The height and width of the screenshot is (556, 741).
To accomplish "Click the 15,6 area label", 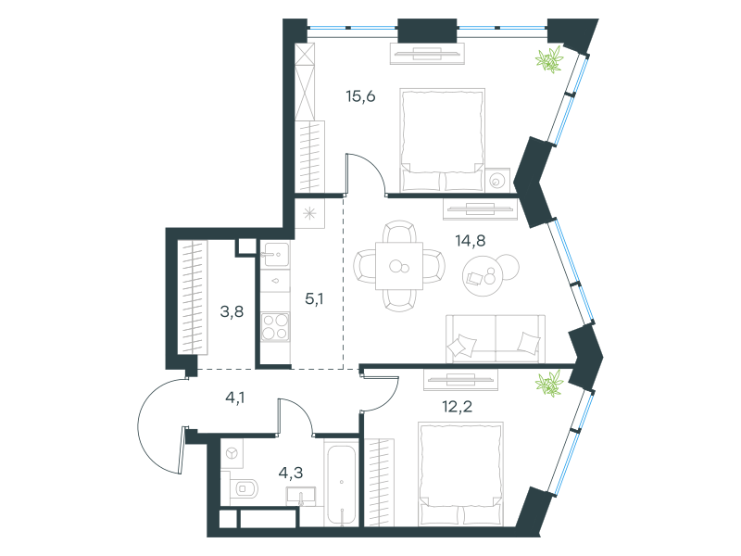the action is (360, 96).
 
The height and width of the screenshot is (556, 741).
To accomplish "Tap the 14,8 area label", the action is (471, 241).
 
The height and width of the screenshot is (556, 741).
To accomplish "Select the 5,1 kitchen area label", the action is (314, 298).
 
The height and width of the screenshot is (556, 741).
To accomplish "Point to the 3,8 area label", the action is (232, 311).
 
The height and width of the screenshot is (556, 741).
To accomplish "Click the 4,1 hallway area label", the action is (235, 398).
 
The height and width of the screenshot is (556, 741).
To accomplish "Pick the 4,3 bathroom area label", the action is (291, 473).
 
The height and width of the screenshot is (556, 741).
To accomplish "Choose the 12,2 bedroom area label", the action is (457, 406).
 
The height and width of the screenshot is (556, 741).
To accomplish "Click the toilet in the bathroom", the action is (244, 488).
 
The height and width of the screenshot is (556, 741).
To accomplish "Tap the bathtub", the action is (341, 483).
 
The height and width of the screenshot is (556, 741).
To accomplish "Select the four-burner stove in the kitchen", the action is (275, 327).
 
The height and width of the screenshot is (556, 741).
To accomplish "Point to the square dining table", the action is (399, 266).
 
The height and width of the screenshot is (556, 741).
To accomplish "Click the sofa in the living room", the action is (496, 338).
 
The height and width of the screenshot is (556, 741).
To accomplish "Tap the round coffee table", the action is (482, 276).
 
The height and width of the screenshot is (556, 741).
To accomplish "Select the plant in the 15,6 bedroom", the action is (549, 59).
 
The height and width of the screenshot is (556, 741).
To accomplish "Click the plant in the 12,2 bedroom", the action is (549, 383).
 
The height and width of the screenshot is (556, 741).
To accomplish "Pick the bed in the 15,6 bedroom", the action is (443, 140).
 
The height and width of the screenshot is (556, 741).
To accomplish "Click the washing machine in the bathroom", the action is (232, 453).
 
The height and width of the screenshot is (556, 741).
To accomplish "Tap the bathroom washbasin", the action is (301, 497).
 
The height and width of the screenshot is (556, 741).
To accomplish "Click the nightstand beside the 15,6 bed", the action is (497, 180).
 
